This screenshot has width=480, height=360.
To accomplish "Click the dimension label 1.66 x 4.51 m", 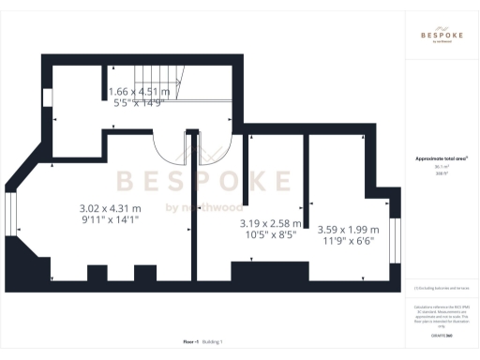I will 139,92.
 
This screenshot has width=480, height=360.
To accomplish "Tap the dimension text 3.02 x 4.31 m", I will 109,208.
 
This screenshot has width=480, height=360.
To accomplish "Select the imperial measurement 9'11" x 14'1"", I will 109,221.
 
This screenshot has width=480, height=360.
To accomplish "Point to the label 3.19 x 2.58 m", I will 270,223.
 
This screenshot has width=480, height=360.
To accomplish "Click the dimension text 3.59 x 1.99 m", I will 348,230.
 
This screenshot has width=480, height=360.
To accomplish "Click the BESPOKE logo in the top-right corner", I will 442,35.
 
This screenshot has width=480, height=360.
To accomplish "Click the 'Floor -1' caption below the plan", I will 190,342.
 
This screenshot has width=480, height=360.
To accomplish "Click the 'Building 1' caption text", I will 214,342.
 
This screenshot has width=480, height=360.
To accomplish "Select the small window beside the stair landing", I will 47,97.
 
